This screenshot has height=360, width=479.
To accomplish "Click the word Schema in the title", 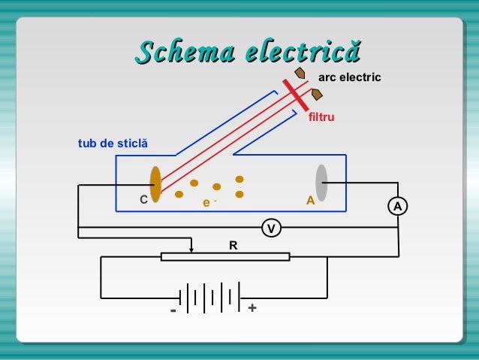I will tap(182, 53).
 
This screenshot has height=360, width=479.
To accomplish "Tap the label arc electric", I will tap(350, 77).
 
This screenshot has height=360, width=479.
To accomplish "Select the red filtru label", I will tap(321, 118).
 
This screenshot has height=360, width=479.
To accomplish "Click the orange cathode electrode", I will tap(155, 185).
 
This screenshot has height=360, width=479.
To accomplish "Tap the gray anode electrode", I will tap(321, 183).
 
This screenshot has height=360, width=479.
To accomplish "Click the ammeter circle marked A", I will tap(398, 205).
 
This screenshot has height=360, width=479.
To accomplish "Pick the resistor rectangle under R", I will tap(225, 257).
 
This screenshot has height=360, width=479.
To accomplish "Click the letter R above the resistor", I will tap(233, 245).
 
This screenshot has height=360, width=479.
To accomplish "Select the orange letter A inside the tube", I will tap(309, 201).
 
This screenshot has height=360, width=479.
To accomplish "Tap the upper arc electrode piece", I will tap(300, 74).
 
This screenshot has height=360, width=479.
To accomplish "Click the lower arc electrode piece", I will tap(317, 94).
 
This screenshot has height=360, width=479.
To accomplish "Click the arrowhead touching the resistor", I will tap(192, 250).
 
